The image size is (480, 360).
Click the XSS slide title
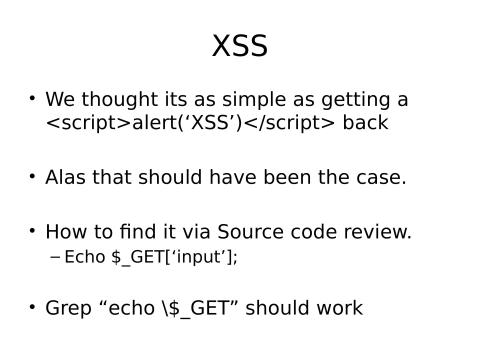(240, 46)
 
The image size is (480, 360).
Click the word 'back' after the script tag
(365, 123)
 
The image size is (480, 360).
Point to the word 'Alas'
(65, 178)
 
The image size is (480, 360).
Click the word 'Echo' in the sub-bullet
(85, 257)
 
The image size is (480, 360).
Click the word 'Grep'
(67, 308)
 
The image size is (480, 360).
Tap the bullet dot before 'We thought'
(33, 98)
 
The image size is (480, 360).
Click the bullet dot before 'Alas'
(33, 176)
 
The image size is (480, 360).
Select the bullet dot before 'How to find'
(33, 230)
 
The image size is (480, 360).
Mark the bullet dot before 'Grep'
(33, 306)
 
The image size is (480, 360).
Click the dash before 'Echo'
(55, 257)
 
